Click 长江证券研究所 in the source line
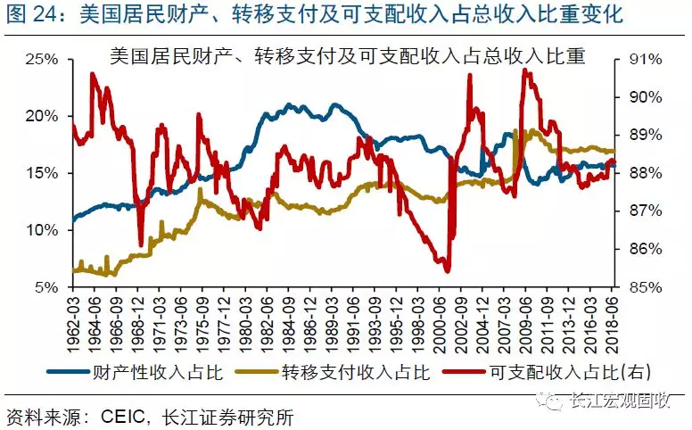click(x=227, y=417)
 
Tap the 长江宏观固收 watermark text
click(x=619, y=402)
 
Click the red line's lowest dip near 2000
click(x=447, y=270)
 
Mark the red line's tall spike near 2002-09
click(x=469, y=77)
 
